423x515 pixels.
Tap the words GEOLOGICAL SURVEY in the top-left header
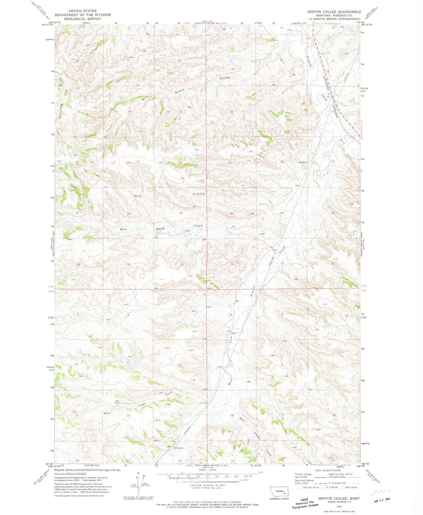83,19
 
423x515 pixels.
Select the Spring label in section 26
138,196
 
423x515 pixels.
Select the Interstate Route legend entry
311,487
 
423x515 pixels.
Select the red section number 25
181,213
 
